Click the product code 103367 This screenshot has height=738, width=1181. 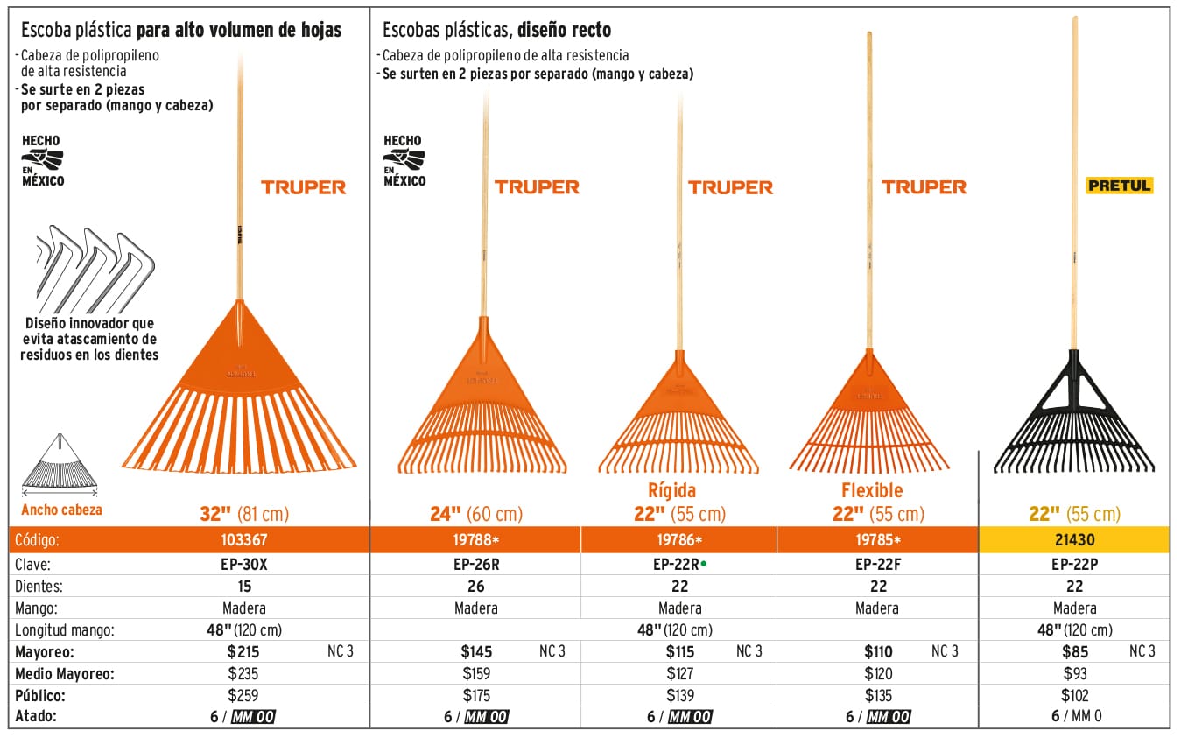(244, 541)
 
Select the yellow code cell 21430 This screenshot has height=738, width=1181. (1074, 541)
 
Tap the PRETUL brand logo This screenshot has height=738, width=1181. (1119, 186)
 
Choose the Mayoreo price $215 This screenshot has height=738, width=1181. (243, 651)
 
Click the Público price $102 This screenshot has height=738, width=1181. (1074, 696)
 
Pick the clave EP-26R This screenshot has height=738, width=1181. (476, 565)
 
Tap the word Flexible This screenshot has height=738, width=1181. (872, 490)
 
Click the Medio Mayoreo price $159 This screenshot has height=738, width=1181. (476, 674)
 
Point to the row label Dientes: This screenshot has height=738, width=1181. (39, 587)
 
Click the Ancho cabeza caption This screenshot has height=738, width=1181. (61, 510)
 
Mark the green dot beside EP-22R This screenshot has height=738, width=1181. (703, 565)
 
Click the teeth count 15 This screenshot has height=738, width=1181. (244, 587)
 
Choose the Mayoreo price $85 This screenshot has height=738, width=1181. (1074, 651)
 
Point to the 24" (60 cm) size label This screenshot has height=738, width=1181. (476, 515)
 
